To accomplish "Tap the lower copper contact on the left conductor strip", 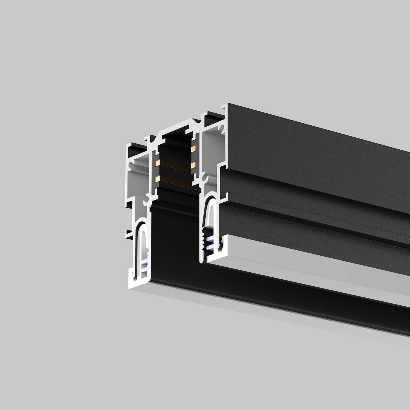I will tap(157, 178).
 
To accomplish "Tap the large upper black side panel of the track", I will tap(307, 146).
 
